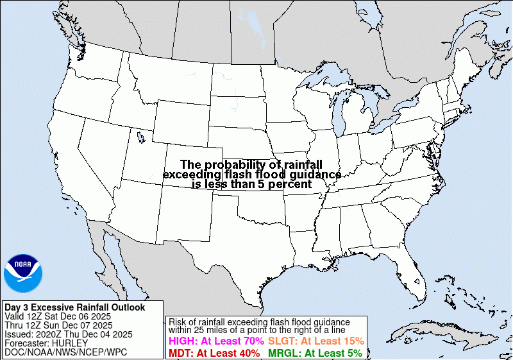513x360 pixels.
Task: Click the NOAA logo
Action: tap(23, 273)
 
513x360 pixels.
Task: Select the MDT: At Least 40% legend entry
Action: tap(214, 353)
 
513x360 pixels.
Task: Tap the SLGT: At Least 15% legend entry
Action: tap(316, 341)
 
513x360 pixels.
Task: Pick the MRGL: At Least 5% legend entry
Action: tap(315, 353)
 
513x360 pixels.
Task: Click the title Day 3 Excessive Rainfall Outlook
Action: tap(75, 307)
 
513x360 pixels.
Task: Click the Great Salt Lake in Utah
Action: tap(139, 136)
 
